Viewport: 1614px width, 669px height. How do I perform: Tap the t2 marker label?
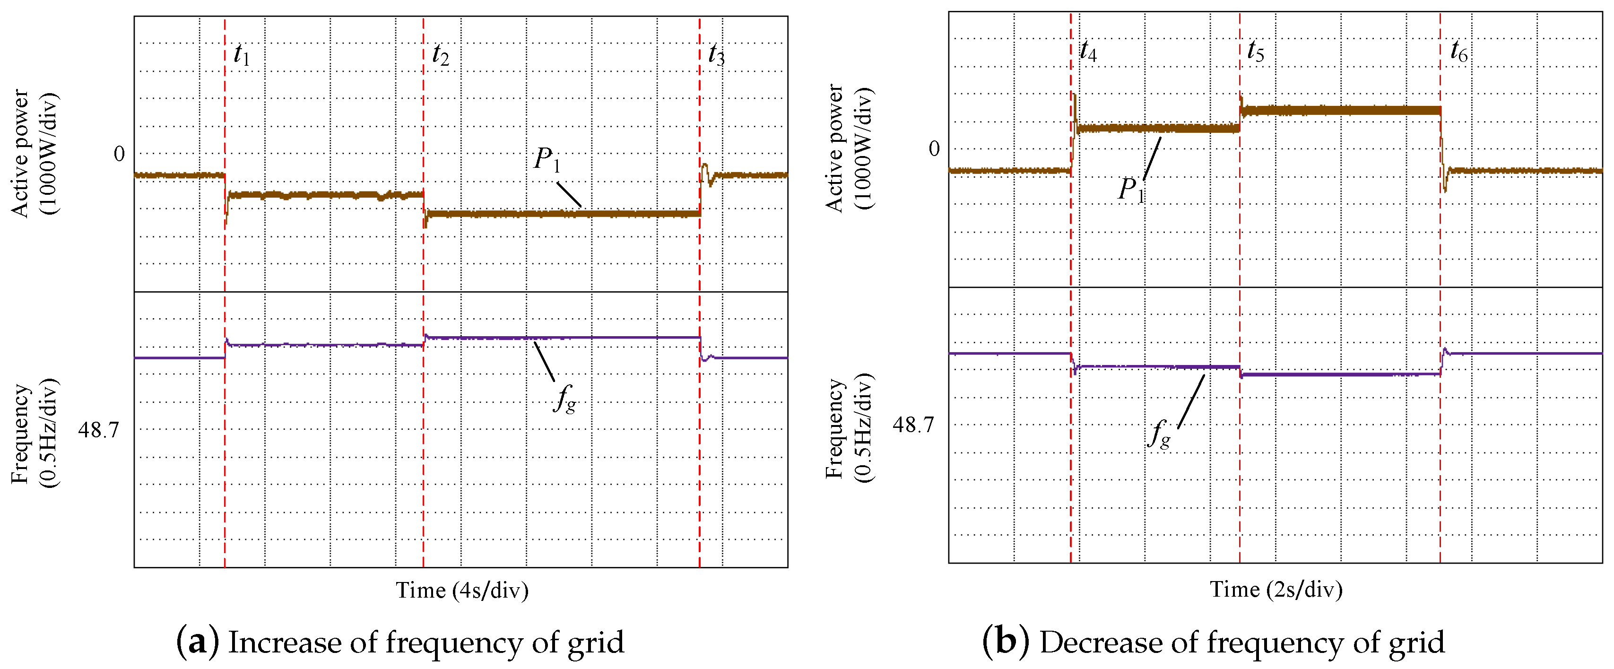(441, 55)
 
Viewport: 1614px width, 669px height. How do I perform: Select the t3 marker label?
(716, 55)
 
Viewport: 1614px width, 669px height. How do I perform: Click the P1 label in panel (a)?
(547, 160)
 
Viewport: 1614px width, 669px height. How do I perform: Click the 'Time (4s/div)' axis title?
(462, 590)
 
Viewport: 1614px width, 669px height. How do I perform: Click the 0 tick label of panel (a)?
(119, 154)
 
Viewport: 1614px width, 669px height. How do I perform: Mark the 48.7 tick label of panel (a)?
(98, 430)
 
